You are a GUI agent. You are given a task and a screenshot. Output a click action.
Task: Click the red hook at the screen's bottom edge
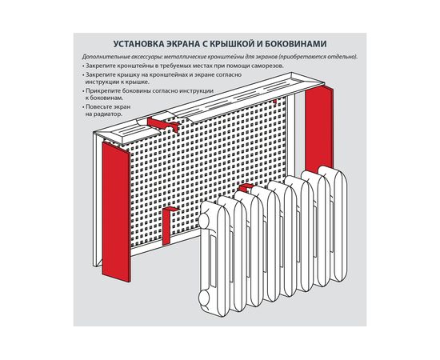166,224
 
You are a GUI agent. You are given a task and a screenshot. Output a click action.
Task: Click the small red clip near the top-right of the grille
274,102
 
